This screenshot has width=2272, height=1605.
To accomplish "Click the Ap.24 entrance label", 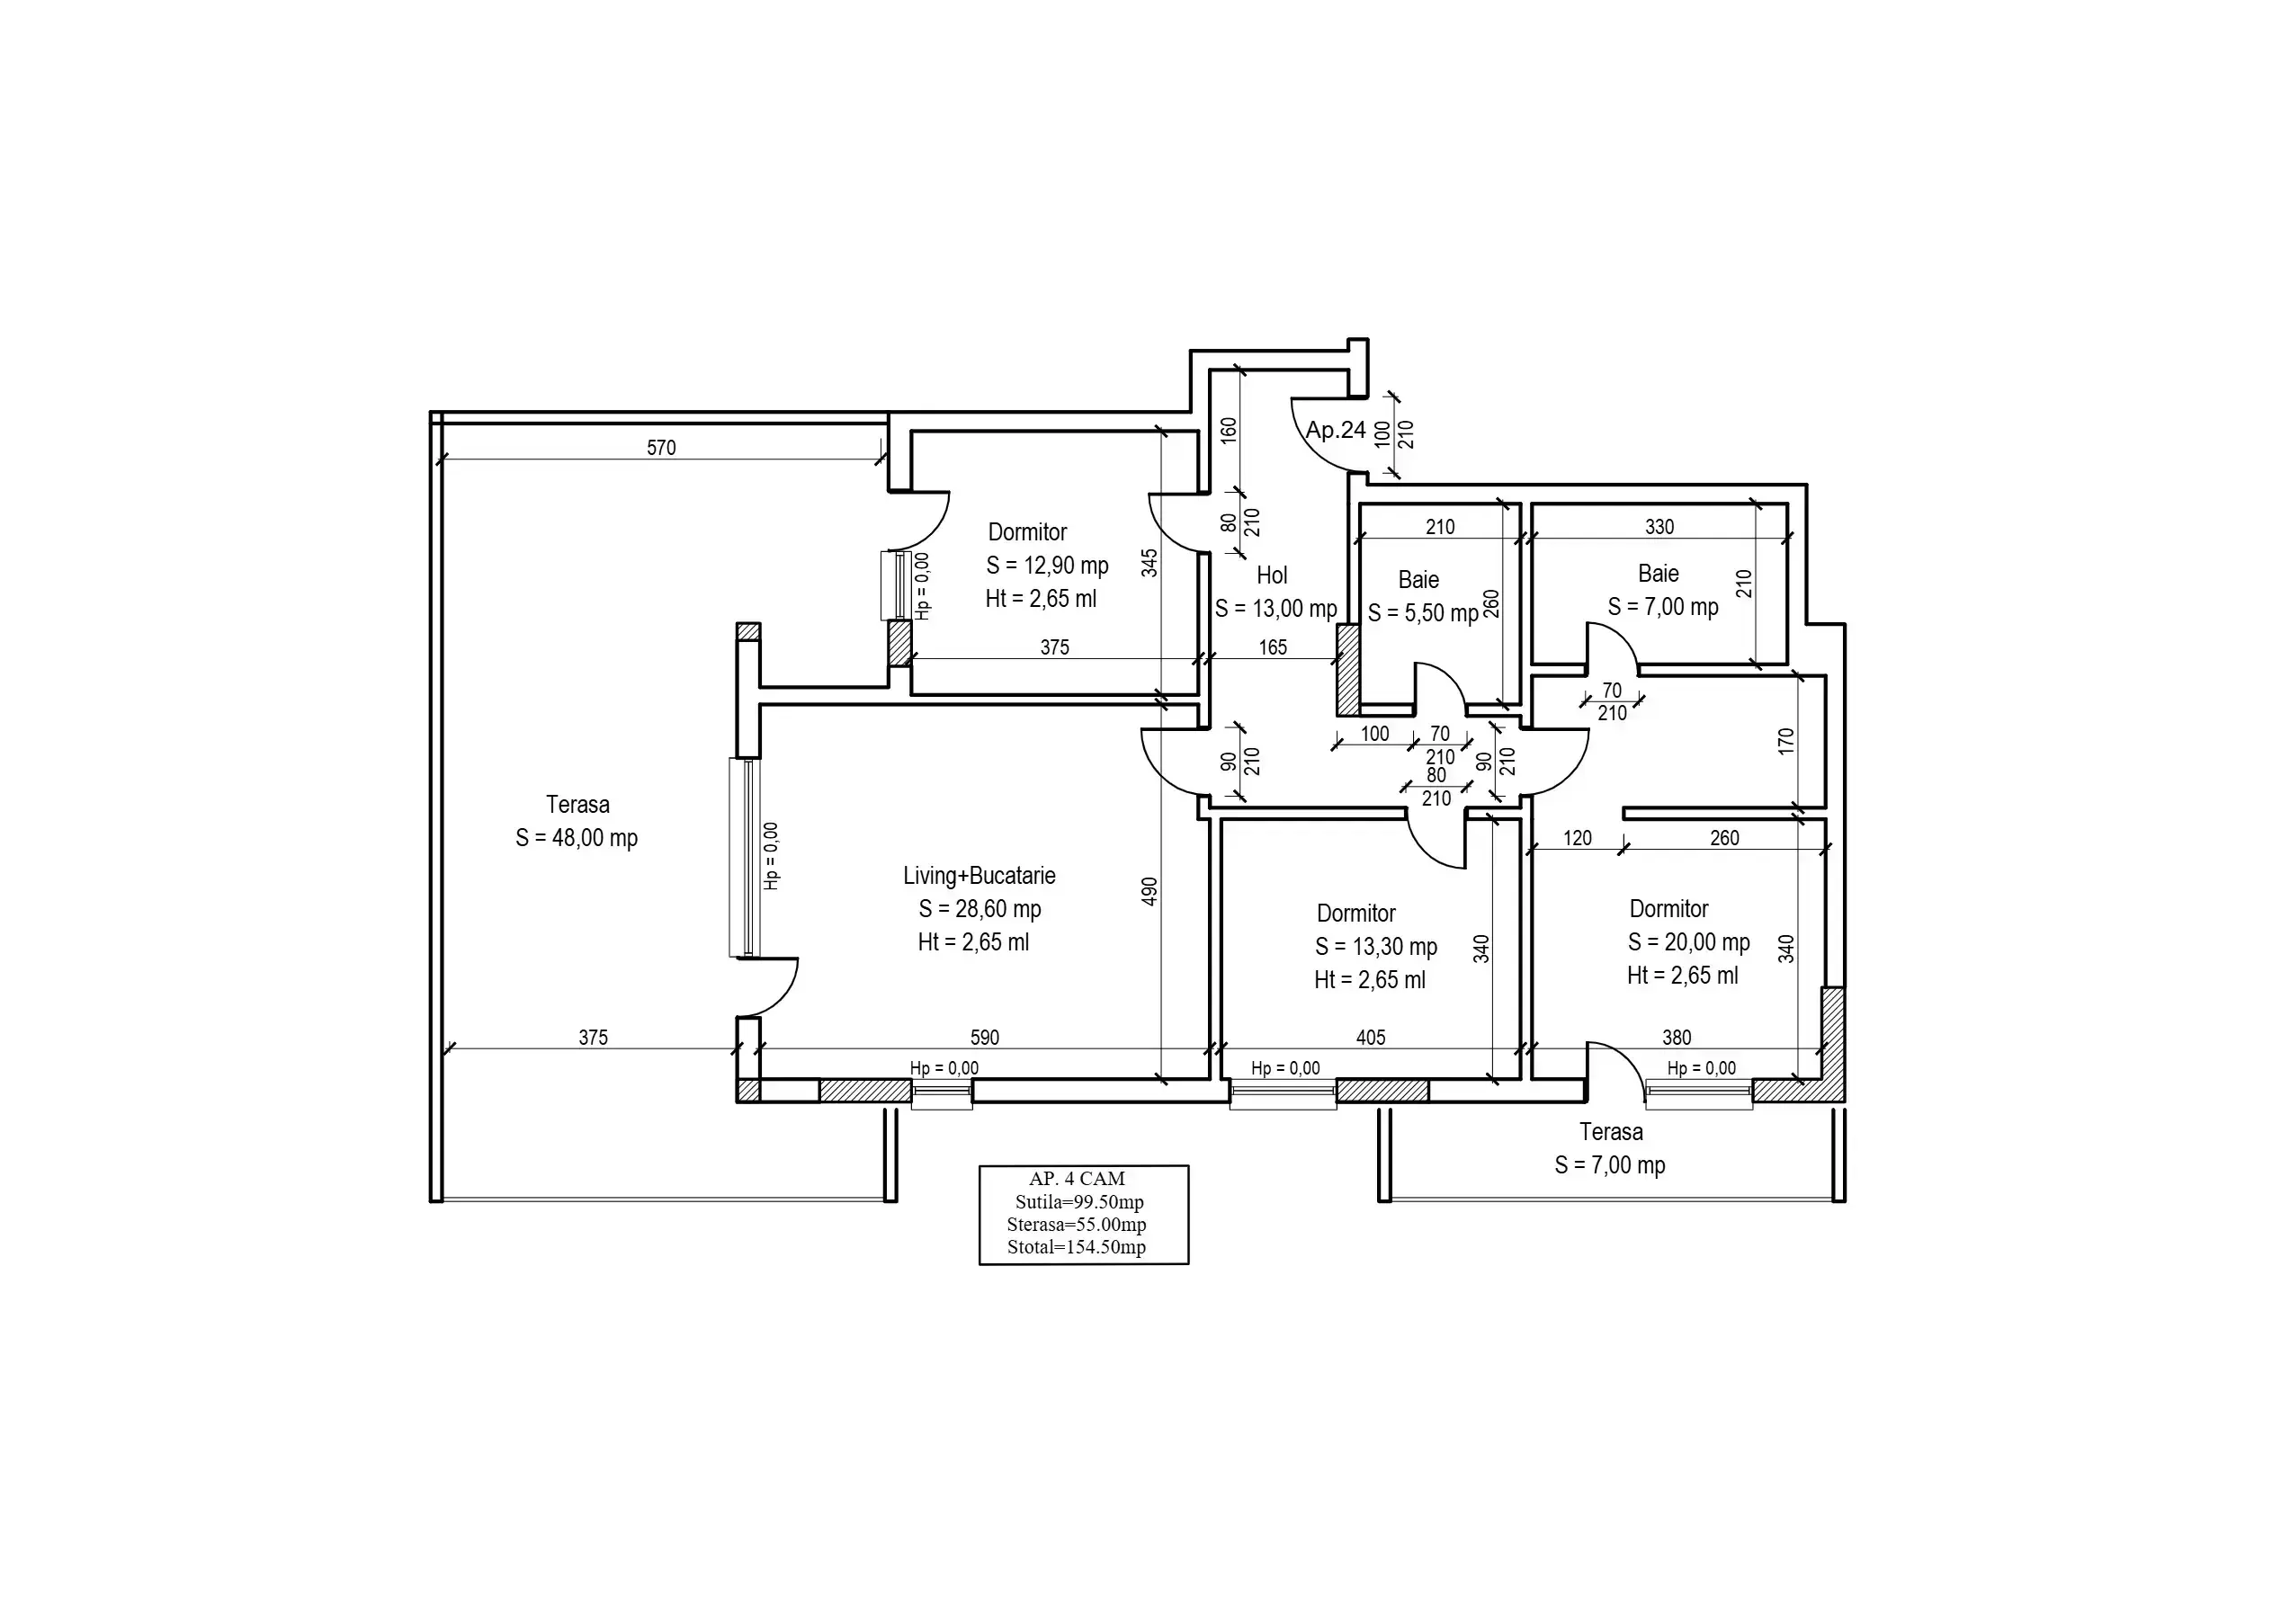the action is pyautogui.click(x=1335, y=431).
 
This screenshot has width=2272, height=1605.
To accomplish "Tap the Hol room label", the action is pyautogui.click(x=1272, y=575).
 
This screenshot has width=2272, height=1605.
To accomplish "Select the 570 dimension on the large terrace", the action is pyautogui.click(x=661, y=447).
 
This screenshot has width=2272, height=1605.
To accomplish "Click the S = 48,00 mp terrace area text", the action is pyautogui.click(x=576, y=838).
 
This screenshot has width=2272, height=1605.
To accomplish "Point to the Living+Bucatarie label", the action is pyautogui.click(x=979, y=876).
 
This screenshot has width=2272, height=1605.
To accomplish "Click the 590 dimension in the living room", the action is pyautogui.click(x=985, y=1037).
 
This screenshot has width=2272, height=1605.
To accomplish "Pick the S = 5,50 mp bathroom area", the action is pyautogui.click(x=1423, y=613).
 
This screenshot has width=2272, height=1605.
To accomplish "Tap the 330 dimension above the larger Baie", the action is pyautogui.click(x=1659, y=526).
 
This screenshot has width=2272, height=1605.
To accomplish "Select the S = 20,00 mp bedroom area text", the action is pyautogui.click(x=1688, y=942).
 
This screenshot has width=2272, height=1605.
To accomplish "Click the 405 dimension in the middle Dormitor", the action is pyautogui.click(x=1371, y=1037).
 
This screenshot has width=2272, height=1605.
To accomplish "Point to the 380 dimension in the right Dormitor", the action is pyautogui.click(x=1677, y=1037).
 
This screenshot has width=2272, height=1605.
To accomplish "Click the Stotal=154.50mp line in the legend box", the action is pyautogui.click(x=1077, y=1247).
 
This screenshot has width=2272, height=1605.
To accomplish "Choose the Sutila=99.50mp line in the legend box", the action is pyautogui.click(x=1079, y=1202).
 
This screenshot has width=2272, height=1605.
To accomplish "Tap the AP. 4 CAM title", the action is pyautogui.click(x=1077, y=1179).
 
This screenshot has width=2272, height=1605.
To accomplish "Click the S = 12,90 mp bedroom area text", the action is pyautogui.click(x=1047, y=566).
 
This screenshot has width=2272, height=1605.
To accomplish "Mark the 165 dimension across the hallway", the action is pyautogui.click(x=1273, y=647).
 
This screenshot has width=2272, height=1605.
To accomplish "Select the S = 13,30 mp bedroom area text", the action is pyautogui.click(x=1375, y=947).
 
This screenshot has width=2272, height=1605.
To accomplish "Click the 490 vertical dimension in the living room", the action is pyautogui.click(x=1149, y=892).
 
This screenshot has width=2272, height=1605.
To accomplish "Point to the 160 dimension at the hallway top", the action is pyautogui.click(x=1228, y=430).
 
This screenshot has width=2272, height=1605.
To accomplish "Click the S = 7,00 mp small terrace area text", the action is pyautogui.click(x=1610, y=1164).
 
